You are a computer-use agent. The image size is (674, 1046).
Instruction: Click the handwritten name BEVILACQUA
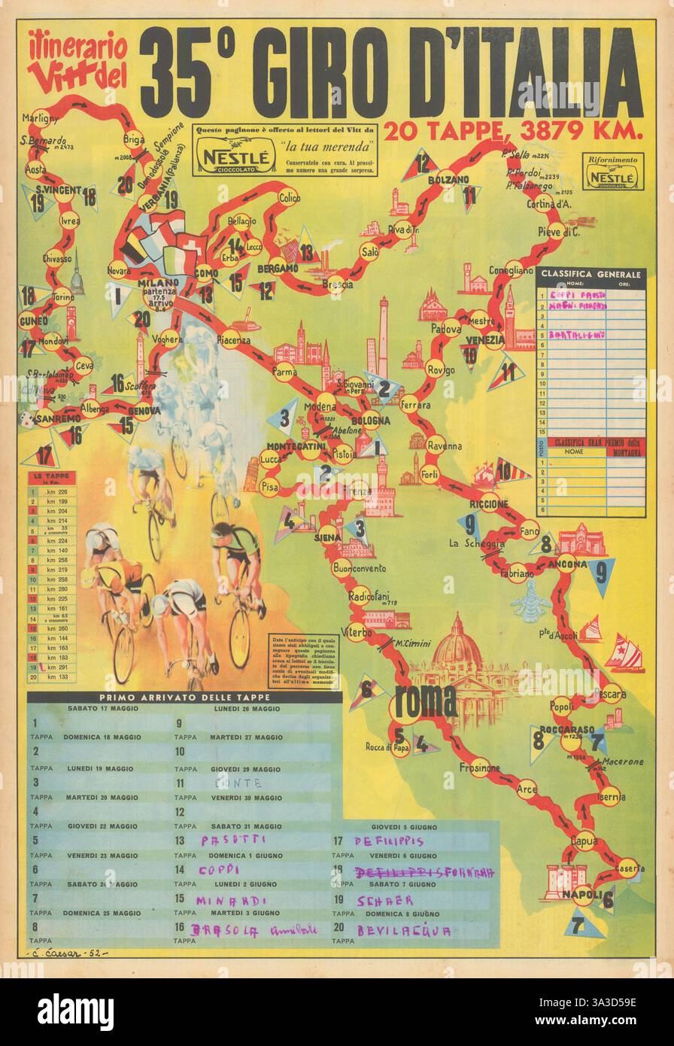point(404,931)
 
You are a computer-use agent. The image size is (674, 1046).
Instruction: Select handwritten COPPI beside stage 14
point(217,869)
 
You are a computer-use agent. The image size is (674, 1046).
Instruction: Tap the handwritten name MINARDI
point(221,900)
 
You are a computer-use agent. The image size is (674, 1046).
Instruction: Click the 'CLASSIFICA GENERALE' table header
point(591,275)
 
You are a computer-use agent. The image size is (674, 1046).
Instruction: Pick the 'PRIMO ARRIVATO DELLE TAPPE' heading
point(178,697)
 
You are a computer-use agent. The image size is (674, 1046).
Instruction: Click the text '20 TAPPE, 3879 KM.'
point(515,130)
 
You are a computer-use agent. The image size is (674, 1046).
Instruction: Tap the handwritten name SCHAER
point(385,900)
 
